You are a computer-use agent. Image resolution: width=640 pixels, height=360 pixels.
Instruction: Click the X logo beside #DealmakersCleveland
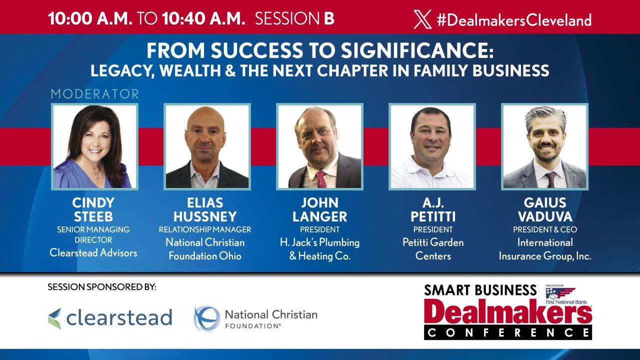point(422,19)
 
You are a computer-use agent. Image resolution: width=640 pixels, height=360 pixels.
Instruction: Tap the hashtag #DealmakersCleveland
point(513,19)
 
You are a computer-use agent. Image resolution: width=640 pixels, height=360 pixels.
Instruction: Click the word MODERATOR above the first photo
point(94,94)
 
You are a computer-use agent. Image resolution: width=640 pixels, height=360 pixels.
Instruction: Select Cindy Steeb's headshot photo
point(94,146)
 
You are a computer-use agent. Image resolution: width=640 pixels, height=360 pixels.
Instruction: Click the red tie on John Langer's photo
point(321,179)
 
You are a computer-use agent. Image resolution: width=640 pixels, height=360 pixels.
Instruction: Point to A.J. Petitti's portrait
point(432,146)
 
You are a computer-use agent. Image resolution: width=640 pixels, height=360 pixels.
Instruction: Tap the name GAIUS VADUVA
point(544,210)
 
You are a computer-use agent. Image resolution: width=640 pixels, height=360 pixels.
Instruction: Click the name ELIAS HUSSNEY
point(205,210)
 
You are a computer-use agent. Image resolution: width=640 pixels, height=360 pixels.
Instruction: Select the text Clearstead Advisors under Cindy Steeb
point(93,253)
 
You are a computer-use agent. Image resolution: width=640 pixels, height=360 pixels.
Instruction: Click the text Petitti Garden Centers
point(433,249)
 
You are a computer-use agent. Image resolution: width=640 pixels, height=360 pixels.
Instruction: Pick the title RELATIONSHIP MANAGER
point(205,230)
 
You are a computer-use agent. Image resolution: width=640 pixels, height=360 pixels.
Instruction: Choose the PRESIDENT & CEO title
point(545,230)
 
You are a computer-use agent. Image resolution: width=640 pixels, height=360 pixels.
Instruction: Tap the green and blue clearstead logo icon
point(54,318)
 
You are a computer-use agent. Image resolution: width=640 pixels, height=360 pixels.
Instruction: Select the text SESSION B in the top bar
point(294,18)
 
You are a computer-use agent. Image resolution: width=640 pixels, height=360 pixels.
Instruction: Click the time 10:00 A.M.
point(90,18)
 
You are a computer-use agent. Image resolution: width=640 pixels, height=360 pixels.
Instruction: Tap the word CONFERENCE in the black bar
point(508,332)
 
